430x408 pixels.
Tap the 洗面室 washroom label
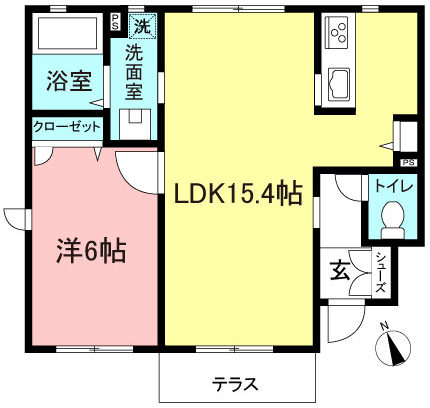tap(134, 70)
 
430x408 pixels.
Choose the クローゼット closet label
tap(66, 127)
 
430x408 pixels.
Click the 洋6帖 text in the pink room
tap(89, 251)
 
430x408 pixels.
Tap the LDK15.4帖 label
tap(239, 194)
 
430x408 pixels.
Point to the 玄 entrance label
tap(340, 270)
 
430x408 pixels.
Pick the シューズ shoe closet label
tap(381, 272)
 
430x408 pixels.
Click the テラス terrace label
tap(235, 383)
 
